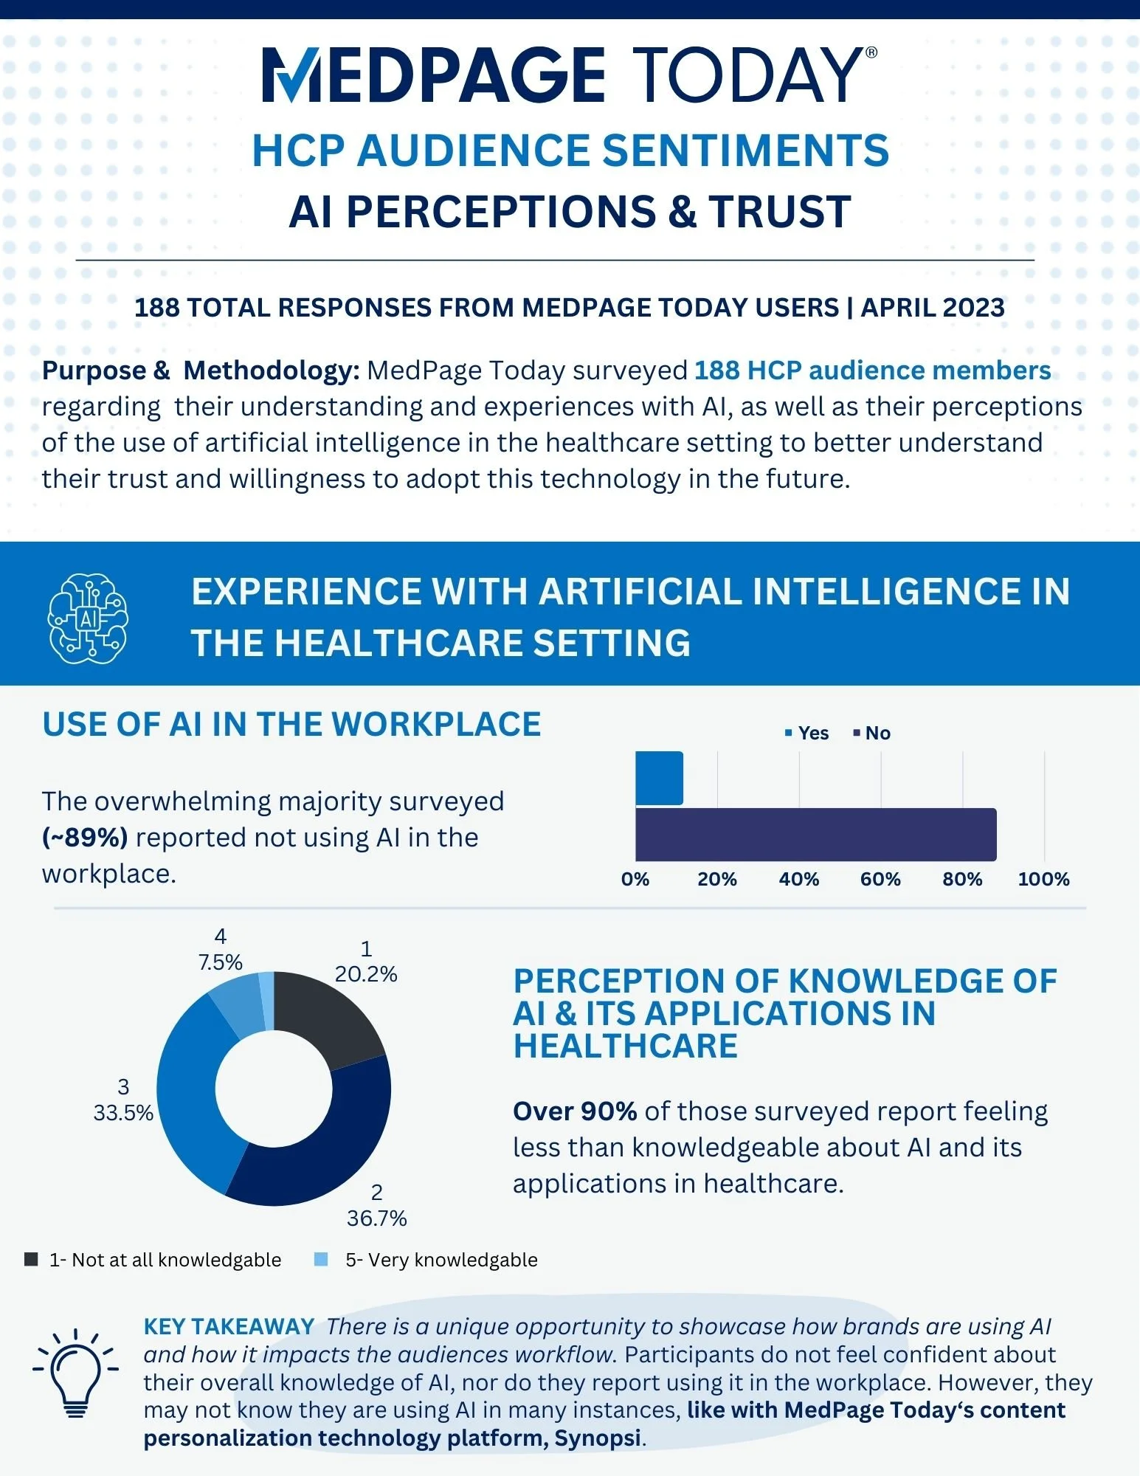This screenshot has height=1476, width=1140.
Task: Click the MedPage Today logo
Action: pyautogui.click(x=570, y=75)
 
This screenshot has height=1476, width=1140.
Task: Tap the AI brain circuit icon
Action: pyautogui.click(x=88, y=618)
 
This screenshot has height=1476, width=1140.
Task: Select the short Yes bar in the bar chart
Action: pyautogui.click(x=659, y=778)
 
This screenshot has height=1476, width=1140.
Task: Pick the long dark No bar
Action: pyautogui.click(x=816, y=835)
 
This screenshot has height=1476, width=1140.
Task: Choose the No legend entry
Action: pyautogui.click(x=871, y=733)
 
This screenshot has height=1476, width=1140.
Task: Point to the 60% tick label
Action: pyautogui.click(x=880, y=879)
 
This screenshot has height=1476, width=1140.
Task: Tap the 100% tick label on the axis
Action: pyautogui.click(x=1043, y=879)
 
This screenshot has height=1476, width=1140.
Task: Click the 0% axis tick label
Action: pyautogui.click(x=635, y=879)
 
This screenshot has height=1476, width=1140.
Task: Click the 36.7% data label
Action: pyautogui.click(x=376, y=1218)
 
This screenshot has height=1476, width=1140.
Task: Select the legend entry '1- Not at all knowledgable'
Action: pyautogui.click(x=153, y=1260)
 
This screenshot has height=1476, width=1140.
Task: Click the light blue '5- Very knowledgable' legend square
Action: pyautogui.click(x=321, y=1259)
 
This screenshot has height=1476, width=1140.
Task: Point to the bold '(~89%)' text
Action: pyautogui.click(x=85, y=838)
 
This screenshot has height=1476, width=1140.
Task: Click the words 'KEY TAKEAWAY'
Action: pyautogui.click(x=229, y=1326)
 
